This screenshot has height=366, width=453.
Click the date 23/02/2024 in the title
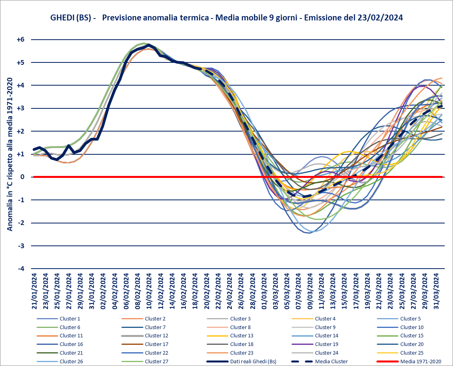click(380, 18)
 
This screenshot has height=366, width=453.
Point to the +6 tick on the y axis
click(20, 40)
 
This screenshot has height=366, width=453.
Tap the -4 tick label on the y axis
click(20, 269)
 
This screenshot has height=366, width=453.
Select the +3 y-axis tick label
click(20, 108)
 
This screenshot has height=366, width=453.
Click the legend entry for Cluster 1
click(70, 318)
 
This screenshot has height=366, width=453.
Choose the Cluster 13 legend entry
click(242, 335)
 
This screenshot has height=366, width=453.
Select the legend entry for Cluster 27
click(156, 361)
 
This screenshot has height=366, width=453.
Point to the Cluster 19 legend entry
click(327, 344)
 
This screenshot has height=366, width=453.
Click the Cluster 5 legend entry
click(411, 318)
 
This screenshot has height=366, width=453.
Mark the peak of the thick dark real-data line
click(149, 45)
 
